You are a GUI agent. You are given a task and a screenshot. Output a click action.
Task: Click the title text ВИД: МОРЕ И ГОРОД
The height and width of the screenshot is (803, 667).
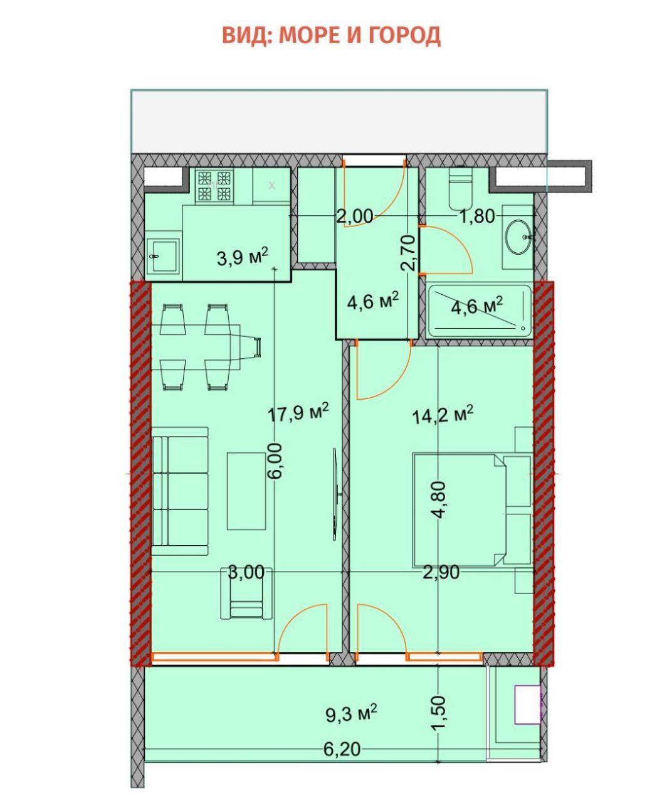point(331,35)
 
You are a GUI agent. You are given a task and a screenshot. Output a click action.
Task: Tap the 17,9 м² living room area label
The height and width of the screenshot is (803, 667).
point(298,413)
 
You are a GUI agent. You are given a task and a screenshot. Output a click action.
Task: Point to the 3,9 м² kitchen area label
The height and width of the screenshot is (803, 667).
point(242,257)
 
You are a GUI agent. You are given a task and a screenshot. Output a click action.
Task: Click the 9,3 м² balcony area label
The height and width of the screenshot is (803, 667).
point(351,712)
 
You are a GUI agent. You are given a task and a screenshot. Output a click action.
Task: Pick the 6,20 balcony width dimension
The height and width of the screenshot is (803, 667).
point(342,749)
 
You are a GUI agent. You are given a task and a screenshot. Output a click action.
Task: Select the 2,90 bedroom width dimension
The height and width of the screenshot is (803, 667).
point(441,572)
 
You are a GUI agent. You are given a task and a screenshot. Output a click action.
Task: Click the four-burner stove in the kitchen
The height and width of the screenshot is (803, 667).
point(213,186)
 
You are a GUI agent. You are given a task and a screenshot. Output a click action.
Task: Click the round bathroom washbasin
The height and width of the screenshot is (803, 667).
point(518,237)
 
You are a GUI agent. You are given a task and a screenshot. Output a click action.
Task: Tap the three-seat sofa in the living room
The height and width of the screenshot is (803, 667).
point(180,491)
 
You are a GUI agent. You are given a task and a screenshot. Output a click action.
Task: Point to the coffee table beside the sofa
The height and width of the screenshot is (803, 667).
point(246,491)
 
